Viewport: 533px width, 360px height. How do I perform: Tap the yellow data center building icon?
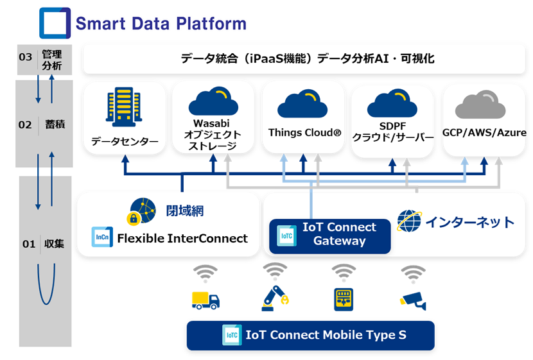pos(124,107)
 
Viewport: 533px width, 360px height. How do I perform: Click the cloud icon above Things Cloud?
pos(302,103)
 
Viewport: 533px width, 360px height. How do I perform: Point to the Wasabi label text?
pos(211,123)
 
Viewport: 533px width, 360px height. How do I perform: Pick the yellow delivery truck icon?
pos(205,300)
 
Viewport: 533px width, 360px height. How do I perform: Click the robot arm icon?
pos(275,298)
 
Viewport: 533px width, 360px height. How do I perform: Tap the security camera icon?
pos(413,300)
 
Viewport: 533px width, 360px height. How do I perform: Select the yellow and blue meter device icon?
pos(344,299)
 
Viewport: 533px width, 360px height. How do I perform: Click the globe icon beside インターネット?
pos(409,221)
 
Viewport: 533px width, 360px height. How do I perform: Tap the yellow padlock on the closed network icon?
pos(134,218)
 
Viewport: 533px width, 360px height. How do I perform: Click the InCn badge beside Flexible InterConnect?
pos(102,237)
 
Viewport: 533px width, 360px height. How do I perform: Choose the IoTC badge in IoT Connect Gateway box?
pos(286,236)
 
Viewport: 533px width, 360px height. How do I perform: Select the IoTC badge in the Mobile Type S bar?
pos(232,335)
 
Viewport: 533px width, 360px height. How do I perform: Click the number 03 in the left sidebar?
pos(26,56)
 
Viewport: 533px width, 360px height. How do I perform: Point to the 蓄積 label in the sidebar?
pos(55,124)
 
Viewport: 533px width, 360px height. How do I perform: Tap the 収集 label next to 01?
pos(54,243)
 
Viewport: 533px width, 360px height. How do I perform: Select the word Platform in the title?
pos(211,24)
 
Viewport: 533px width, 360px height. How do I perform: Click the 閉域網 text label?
pos(185,211)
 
